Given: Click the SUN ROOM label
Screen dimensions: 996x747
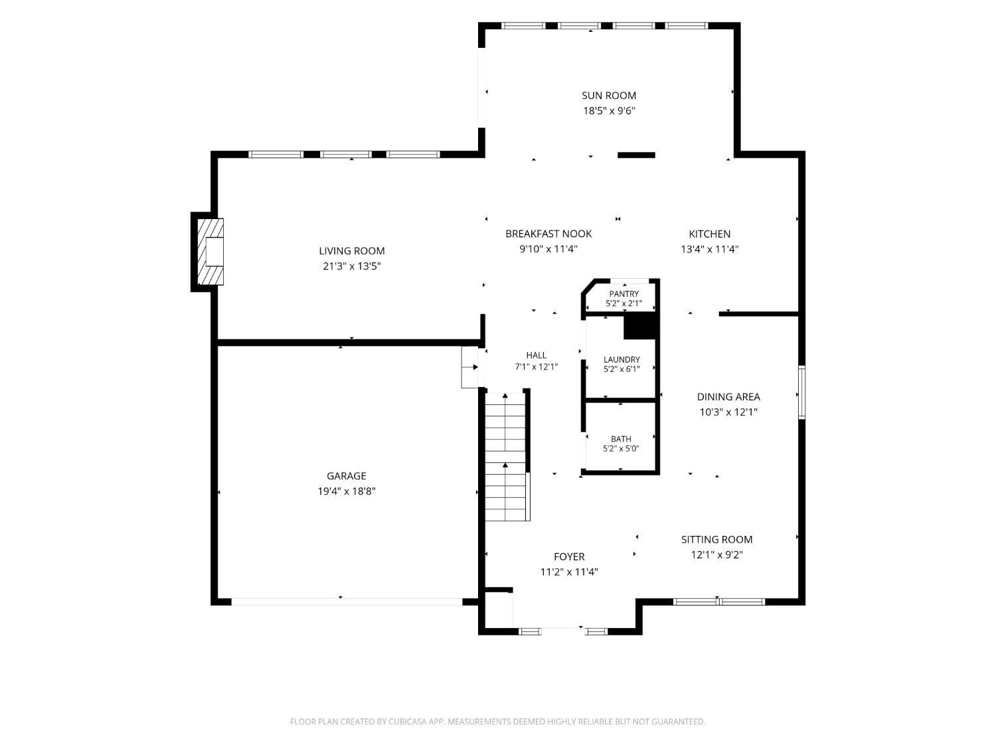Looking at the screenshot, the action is (608, 96).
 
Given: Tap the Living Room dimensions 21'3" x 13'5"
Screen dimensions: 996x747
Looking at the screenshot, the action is (352, 266).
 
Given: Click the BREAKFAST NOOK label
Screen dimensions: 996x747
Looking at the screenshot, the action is (548, 234).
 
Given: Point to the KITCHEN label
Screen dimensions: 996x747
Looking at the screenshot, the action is (709, 234).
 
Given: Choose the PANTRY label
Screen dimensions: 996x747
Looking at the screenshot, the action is (624, 294).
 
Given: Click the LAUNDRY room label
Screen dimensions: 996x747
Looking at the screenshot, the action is (622, 360).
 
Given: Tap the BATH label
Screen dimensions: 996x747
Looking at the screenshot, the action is (621, 439).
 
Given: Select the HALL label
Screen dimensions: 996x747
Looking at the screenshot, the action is (537, 356).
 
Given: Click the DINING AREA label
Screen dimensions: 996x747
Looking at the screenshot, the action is (728, 397).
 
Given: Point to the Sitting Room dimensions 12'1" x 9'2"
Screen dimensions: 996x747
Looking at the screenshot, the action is (717, 554).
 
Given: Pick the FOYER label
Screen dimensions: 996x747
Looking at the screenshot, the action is (569, 556).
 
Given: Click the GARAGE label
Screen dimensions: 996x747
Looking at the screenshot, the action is (346, 476).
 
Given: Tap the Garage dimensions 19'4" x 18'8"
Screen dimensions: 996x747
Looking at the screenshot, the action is (347, 491).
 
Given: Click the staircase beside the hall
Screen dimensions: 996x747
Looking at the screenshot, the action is (505, 457).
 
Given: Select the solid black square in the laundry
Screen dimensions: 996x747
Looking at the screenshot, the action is (640, 327).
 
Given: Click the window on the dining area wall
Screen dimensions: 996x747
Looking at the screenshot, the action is (802, 392).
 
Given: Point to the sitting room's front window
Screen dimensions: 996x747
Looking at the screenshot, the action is (719, 602).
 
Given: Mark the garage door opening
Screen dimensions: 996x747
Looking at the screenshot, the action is (347, 602).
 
